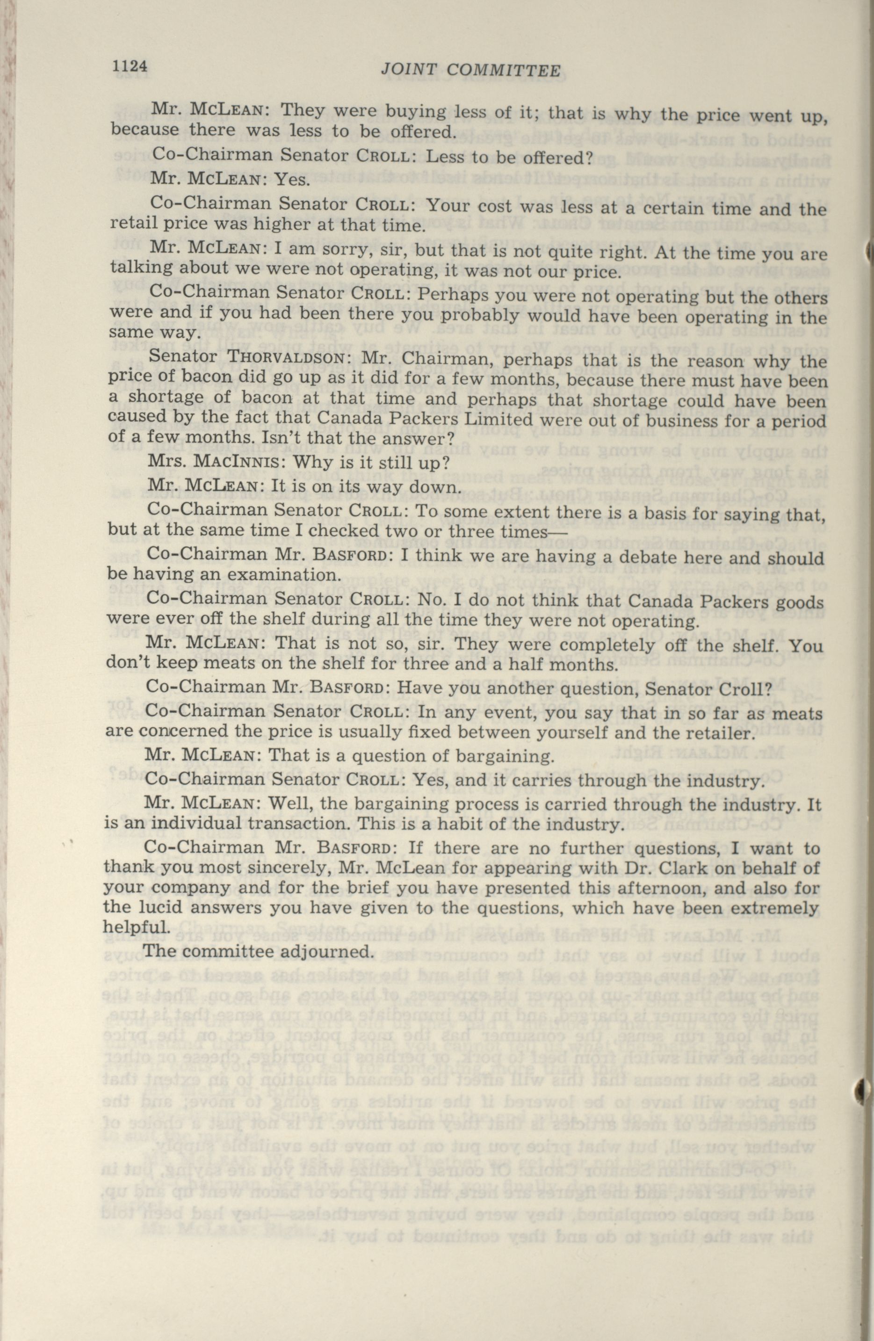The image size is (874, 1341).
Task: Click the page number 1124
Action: point(130,66)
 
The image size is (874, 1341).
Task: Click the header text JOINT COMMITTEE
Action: point(470,69)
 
